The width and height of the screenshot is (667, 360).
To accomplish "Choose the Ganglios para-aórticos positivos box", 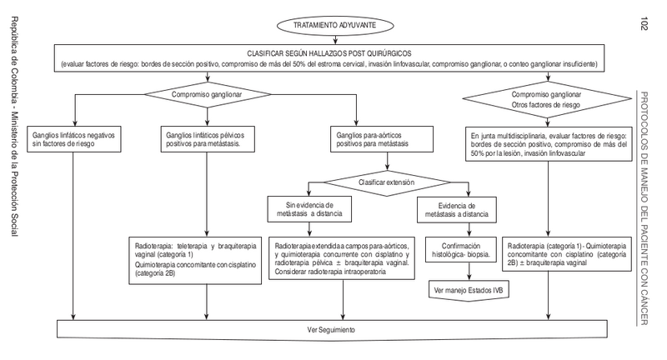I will tap(377, 138).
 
